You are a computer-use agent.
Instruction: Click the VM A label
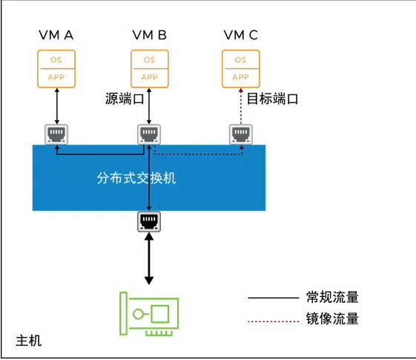[56, 35]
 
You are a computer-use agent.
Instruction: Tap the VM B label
[149, 35]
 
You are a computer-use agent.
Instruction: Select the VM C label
[240, 35]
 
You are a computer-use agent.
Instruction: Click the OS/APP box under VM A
[56, 68]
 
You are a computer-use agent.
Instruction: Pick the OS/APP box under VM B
[149, 68]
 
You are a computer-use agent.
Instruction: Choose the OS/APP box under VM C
[240, 68]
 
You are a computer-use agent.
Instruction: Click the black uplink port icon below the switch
[149, 221]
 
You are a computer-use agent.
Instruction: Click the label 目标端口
[272, 99]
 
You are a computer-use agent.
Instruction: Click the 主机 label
[29, 341]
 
